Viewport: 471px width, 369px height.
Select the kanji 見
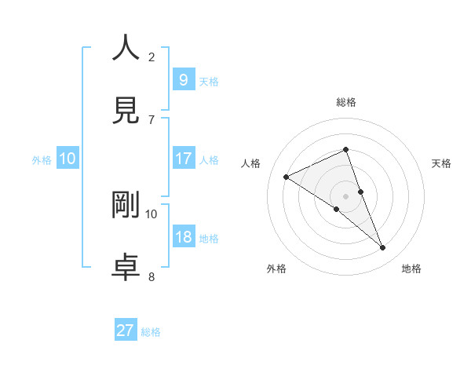[x=126, y=110]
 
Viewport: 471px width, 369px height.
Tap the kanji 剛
[x=126, y=204]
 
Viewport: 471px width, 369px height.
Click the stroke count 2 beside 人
[x=152, y=57]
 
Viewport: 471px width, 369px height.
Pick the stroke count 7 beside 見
[x=152, y=119]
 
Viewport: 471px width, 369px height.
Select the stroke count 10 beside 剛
[x=152, y=214]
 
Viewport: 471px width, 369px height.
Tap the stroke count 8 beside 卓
[x=152, y=276]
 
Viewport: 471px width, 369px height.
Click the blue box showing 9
[x=183, y=79]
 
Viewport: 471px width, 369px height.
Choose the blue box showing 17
[x=184, y=158]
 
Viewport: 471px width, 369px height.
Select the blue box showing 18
[x=184, y=236]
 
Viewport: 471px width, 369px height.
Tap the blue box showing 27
[x=126, y=331]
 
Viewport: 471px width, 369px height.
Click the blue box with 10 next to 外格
[x=68, y=159]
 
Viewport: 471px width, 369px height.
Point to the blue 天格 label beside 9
[x=209, y=81]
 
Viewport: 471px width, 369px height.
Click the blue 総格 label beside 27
[x=151, y=332]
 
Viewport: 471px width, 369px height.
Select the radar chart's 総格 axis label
[x=346, y=102]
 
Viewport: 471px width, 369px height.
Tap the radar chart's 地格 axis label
[x=411, y=269]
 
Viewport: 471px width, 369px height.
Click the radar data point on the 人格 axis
[x=287, y=177]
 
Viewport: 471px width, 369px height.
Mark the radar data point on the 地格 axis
[x=382, y=248]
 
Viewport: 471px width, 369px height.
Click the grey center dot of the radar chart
[x=346, y=195]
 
